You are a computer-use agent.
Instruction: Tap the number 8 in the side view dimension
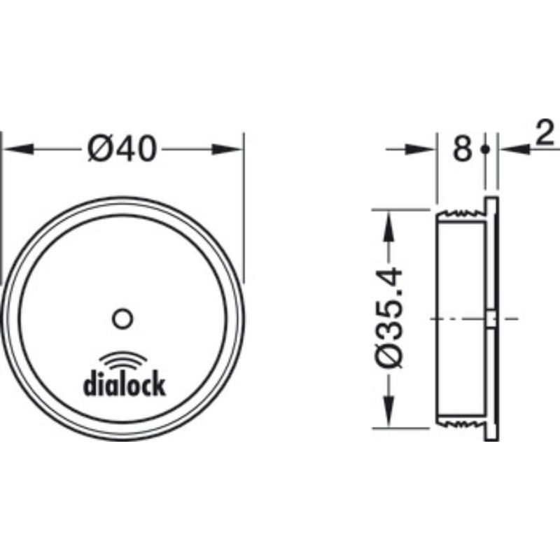pos(461,148)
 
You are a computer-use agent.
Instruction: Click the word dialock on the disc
pos(125,384)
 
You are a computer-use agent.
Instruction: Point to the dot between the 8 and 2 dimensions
pos(484,148)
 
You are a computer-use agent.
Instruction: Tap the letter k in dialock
pos(160,384)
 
